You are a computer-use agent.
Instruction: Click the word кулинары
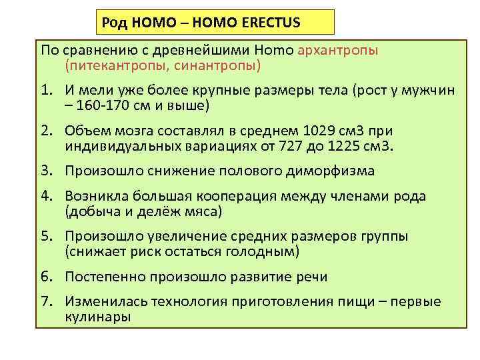(98, 317)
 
